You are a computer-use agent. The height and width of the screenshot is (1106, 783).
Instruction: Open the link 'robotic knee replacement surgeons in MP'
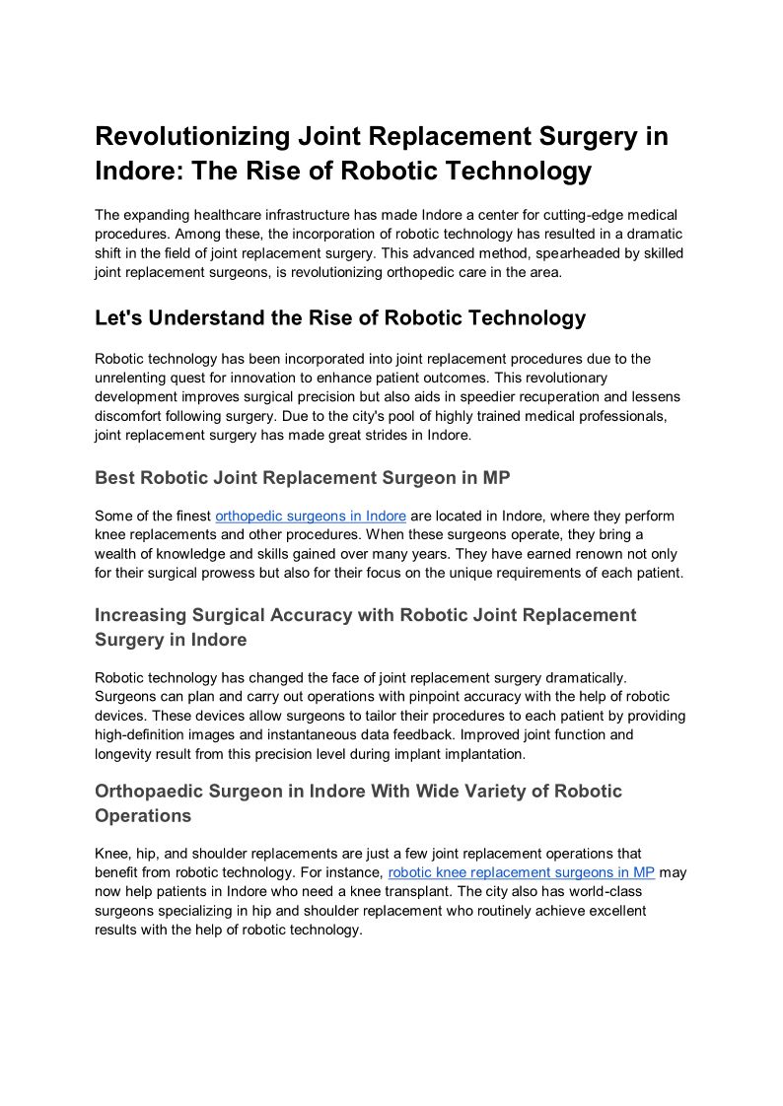[521, 872]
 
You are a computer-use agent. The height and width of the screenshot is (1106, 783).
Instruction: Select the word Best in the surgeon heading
[114, 478]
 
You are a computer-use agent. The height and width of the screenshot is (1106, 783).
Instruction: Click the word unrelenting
[131, 378]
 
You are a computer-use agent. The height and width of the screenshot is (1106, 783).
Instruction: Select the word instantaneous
[320, 734]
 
